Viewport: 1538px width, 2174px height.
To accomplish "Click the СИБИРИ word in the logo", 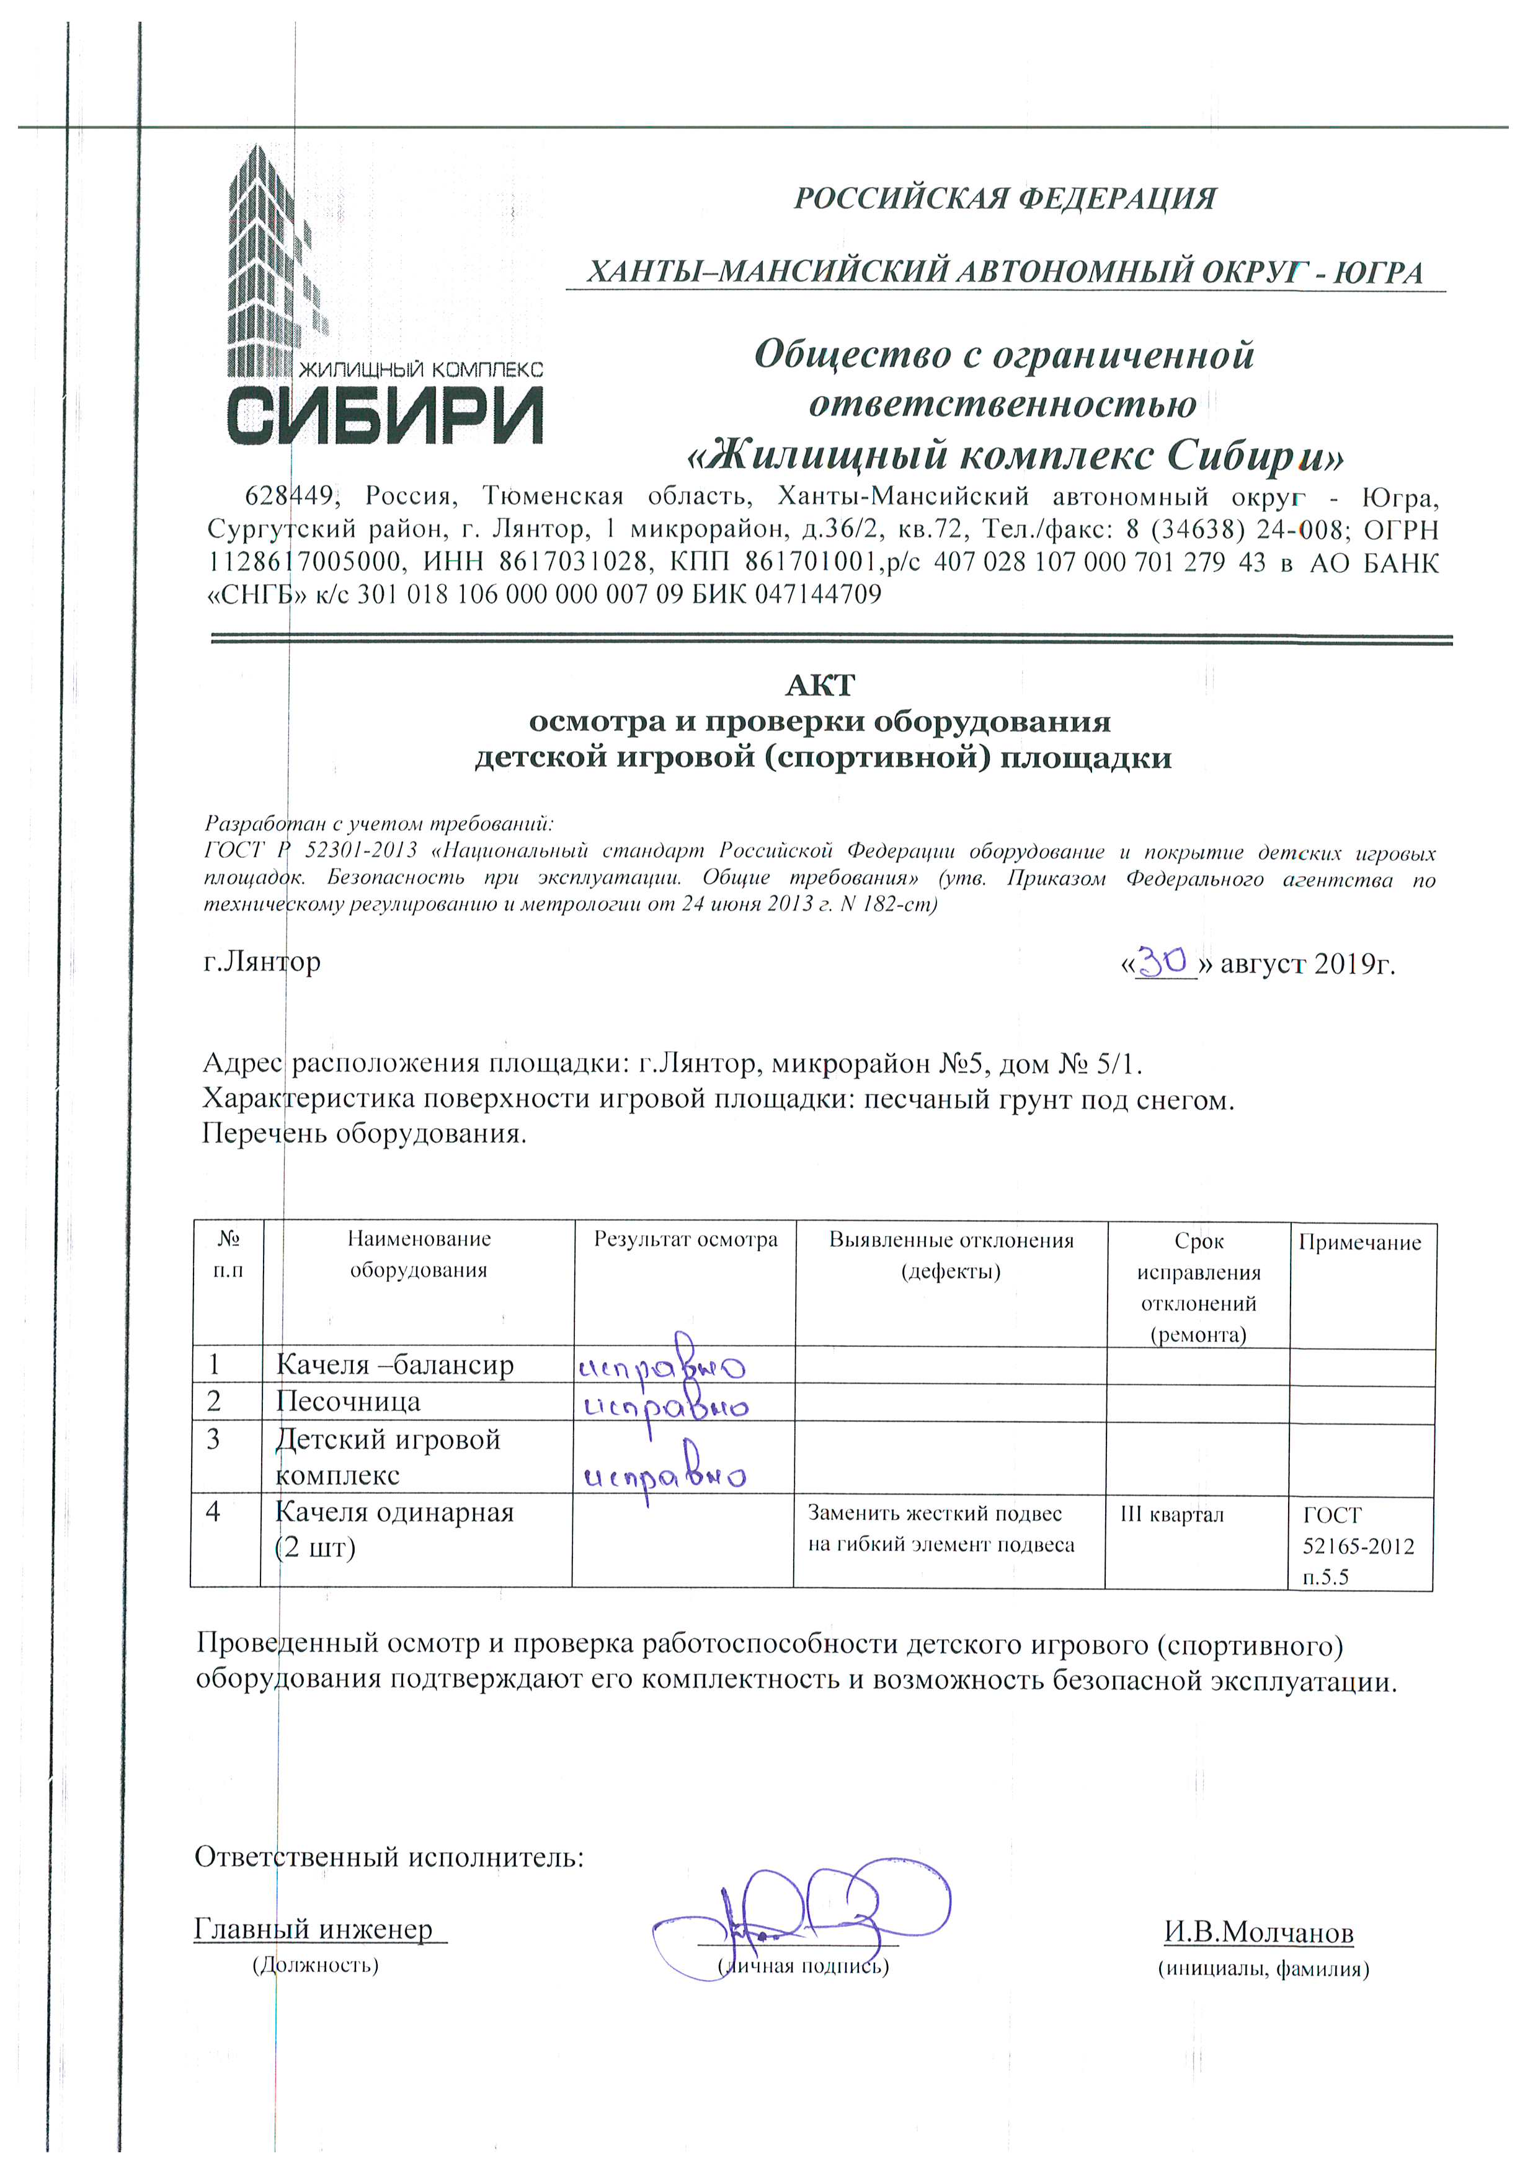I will point(384,413).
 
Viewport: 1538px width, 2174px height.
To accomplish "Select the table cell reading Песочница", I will point(349,1402).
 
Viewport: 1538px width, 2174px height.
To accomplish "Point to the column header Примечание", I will point(1360,1242).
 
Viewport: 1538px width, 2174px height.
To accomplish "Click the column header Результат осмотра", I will point(686,1239).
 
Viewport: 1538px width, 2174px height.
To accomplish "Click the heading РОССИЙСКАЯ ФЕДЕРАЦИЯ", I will point(1005,199).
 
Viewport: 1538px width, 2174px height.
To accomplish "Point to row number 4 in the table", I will point(213,1512).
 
